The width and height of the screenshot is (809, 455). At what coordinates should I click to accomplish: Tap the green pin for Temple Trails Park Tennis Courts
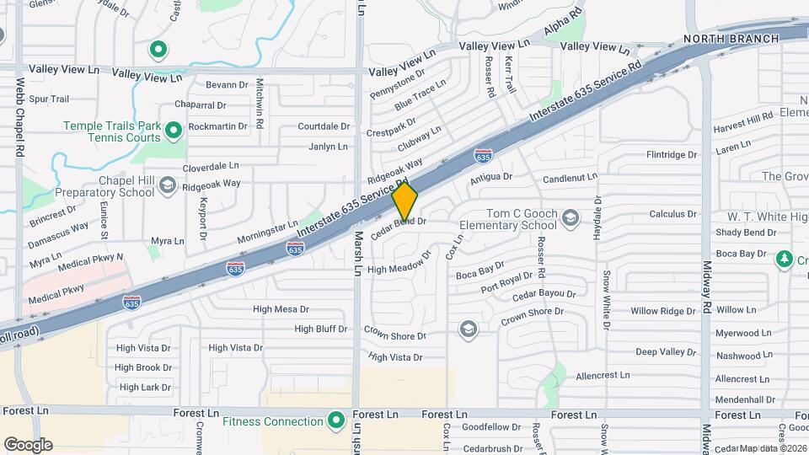coord(174,131)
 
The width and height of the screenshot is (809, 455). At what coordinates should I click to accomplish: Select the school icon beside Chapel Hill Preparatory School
coord(168,186)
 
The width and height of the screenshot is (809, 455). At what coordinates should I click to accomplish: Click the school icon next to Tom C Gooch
coord(571,219)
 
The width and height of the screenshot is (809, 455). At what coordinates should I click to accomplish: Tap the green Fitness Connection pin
coord(336,420)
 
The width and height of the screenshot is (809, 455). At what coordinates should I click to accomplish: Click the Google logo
coord(28,444)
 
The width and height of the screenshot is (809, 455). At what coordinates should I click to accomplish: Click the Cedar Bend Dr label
coord(399,222)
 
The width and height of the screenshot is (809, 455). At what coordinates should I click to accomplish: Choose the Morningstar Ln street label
coord(267,230)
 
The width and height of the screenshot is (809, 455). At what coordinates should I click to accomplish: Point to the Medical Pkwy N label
coord(90,262)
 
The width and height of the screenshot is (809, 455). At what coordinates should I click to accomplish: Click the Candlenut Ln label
coord(570,179)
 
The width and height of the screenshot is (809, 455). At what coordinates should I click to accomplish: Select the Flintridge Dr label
coord(672,155)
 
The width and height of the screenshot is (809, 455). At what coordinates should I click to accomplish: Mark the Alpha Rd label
coord(563,26)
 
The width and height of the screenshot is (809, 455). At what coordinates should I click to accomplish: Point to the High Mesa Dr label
coord(281,309)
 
